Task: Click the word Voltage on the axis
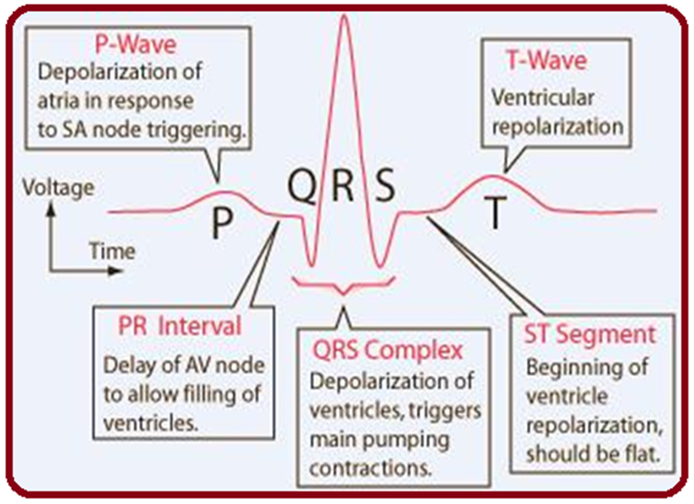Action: click(55, 188)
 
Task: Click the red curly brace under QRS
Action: click(342, 289)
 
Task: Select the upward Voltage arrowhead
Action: click(52, 205)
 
